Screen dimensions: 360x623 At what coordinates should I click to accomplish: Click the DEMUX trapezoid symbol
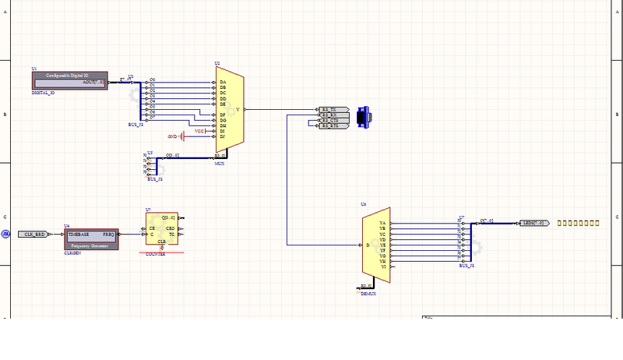pos(374,244)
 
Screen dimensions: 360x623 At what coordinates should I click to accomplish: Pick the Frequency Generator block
pos(90,238)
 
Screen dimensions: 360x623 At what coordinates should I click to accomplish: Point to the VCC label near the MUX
pos(200,131)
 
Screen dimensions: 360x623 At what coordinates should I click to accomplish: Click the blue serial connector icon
pos(362,116)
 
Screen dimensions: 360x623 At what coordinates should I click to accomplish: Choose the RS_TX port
pos(330,110)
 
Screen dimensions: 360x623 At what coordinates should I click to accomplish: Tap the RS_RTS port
pos(330,125)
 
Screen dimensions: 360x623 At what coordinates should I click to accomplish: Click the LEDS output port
pos(533,223)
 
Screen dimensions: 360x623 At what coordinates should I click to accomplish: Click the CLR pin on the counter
pos(162,242)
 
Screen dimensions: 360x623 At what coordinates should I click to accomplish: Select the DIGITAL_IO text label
pos(43,93)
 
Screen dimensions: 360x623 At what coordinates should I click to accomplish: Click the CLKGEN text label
pos(72,252)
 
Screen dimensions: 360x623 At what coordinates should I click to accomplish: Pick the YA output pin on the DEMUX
pos(382,224)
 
